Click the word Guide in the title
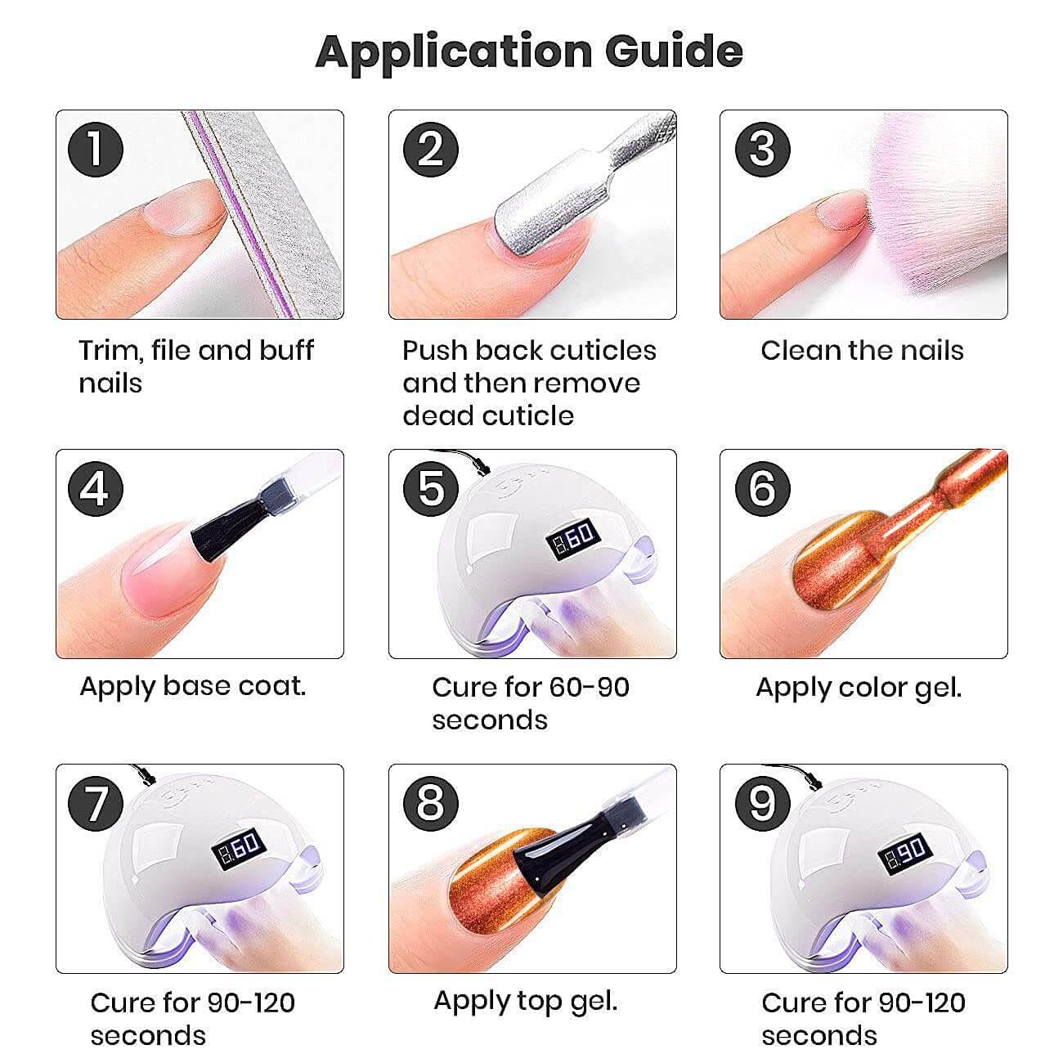[674, 52]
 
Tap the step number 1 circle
[96, 149]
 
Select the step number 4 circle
[96, 489]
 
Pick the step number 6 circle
[763, 489]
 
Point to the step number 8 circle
[431, 803]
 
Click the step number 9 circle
[763, 803]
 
